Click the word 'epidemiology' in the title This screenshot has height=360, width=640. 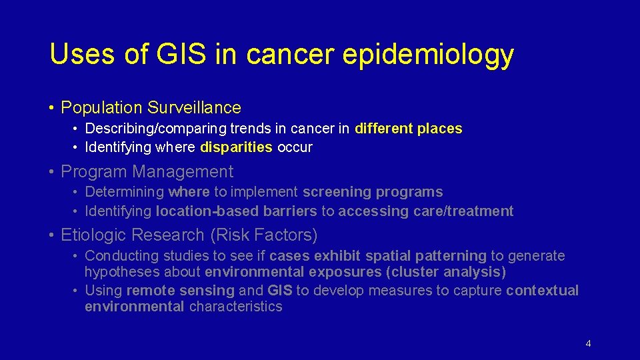(x=427, y=55)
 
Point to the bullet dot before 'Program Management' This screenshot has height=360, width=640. (x=51, y=172)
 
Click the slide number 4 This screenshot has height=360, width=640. (x=587, y=344)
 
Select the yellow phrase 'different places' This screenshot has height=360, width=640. (x=408, y=129)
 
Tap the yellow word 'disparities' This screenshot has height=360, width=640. (x=236, y=147)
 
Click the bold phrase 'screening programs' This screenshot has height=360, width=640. (x=372, y=192)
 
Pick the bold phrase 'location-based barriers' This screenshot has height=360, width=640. (x=236, y=211)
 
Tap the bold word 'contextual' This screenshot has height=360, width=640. (x=542, y=291)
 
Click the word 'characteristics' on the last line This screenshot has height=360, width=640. (x=235, y=307)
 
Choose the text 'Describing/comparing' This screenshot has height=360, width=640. (x=152, y=129)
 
